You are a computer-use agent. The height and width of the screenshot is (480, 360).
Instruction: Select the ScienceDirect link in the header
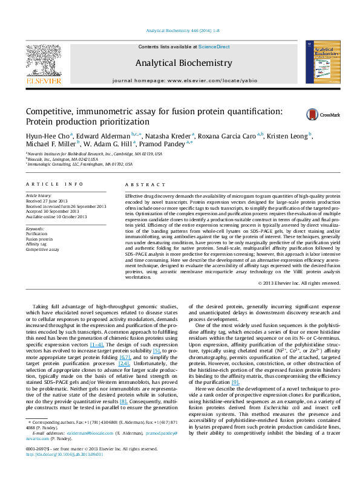tap(215, 47)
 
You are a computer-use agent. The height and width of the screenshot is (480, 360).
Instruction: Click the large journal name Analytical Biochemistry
tap(183, 63)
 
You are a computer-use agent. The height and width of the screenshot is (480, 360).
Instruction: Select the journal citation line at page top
tap(180, 30)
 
